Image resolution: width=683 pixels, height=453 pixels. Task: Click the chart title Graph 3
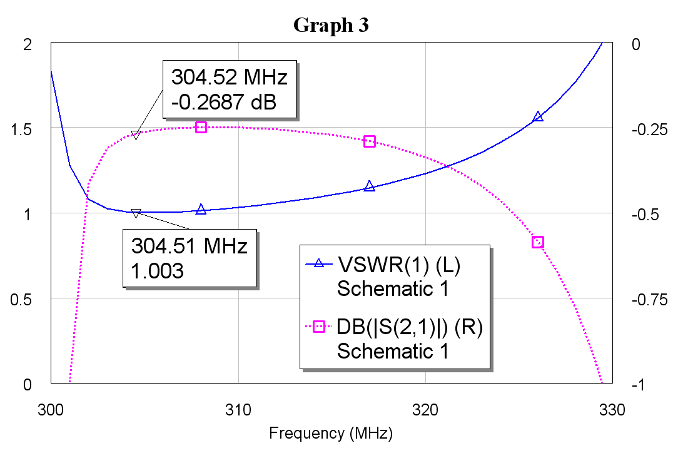click(x=331, y=25)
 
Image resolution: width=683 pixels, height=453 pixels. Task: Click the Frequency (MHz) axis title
click(x=331, y=433)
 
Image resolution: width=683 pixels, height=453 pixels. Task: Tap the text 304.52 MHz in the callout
click(x=230, y=78)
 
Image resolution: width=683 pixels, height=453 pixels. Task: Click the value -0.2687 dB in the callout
click(x=224, y=101)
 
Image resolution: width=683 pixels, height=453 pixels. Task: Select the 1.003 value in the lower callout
click(x=157, y=271)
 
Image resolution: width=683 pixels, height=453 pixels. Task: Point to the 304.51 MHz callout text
click(x=190, y=246)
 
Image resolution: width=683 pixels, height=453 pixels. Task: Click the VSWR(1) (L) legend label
click(x=399, y=265)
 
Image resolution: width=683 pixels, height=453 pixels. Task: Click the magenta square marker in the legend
click(x=319, y=327)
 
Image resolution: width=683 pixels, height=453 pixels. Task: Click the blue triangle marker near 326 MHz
click(x=538, y=117)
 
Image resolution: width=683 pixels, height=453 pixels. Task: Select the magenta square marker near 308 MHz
click(x=201, y=128)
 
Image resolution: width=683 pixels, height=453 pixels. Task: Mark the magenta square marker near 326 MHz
click(x=538, y=242)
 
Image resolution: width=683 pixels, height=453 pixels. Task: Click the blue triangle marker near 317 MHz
click(x=369, y=186)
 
